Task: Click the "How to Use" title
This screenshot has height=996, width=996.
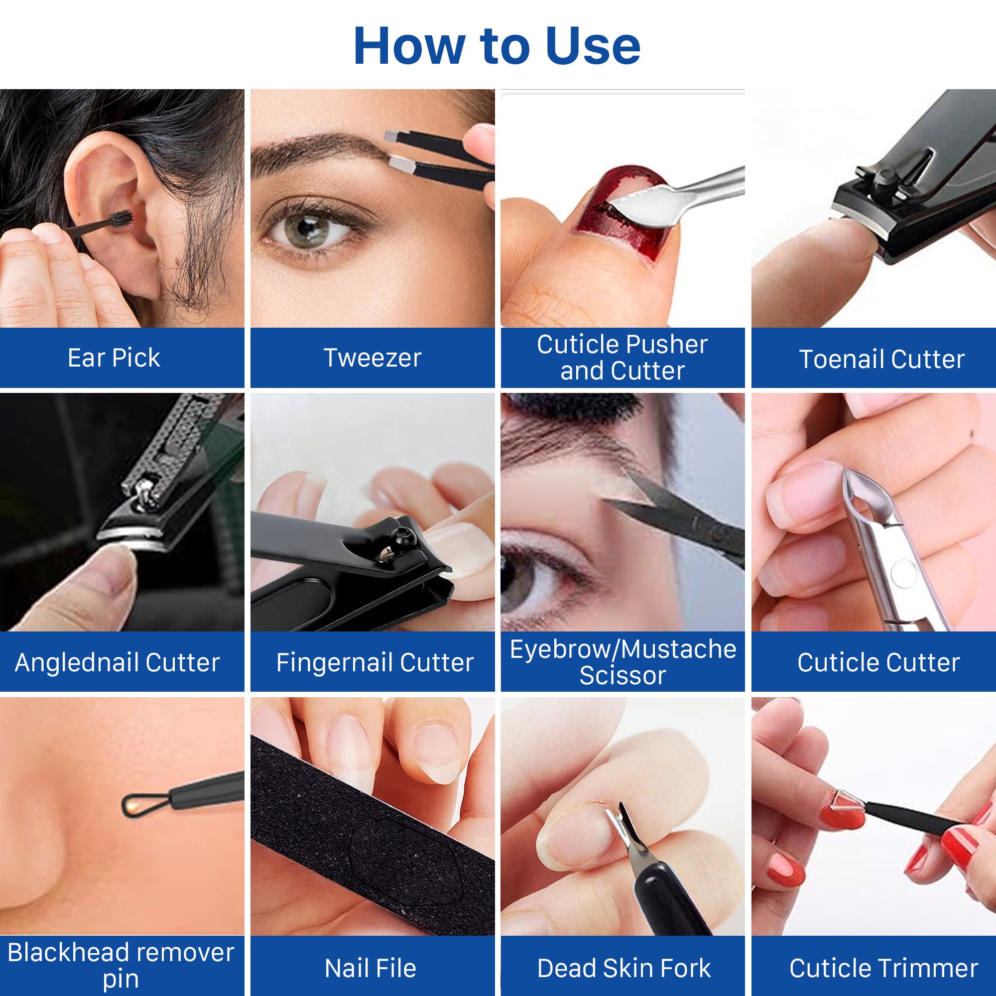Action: tap(497, 46)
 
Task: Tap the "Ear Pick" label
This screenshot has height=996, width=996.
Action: tap(114, 358)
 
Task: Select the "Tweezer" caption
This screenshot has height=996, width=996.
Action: tap(372, 358)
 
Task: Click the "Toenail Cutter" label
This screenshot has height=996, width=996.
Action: tap(881, 360)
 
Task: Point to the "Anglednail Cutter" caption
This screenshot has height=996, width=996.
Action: tap(118, 662)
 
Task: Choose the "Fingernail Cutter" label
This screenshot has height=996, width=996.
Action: tap(375, 662)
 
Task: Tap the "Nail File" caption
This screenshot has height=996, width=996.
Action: tap(371, 968)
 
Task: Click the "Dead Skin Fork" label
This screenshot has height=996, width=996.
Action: tap(624, 968)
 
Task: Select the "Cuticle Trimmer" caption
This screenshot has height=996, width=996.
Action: tap(883, 968)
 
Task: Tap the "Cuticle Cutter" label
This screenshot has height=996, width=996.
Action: tap(878, 662)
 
